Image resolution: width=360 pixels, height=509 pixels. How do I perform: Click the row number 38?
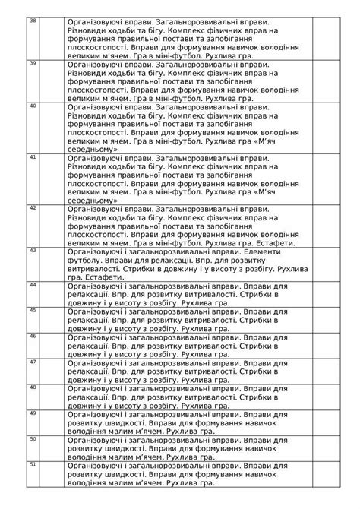pyautogui.click(x=32, y=20)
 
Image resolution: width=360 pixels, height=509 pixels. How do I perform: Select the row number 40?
pyautogui.click(x=32, y=106)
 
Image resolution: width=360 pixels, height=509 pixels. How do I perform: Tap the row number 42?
pyautogui.click(x=32, y=207)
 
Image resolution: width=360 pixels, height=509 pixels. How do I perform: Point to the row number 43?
pyautogui.click(x=32, y=249)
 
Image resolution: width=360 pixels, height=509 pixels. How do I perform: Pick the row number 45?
pyautogui.click(x=32, y=310)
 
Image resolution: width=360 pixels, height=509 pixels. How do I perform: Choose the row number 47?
pyautogui.click(x=32, y=361)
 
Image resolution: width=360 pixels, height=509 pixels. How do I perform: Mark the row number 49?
pyautogui.click(x=32, y=413)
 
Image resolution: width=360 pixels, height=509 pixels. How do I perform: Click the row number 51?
pyautogui.click(x=32, y=463)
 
